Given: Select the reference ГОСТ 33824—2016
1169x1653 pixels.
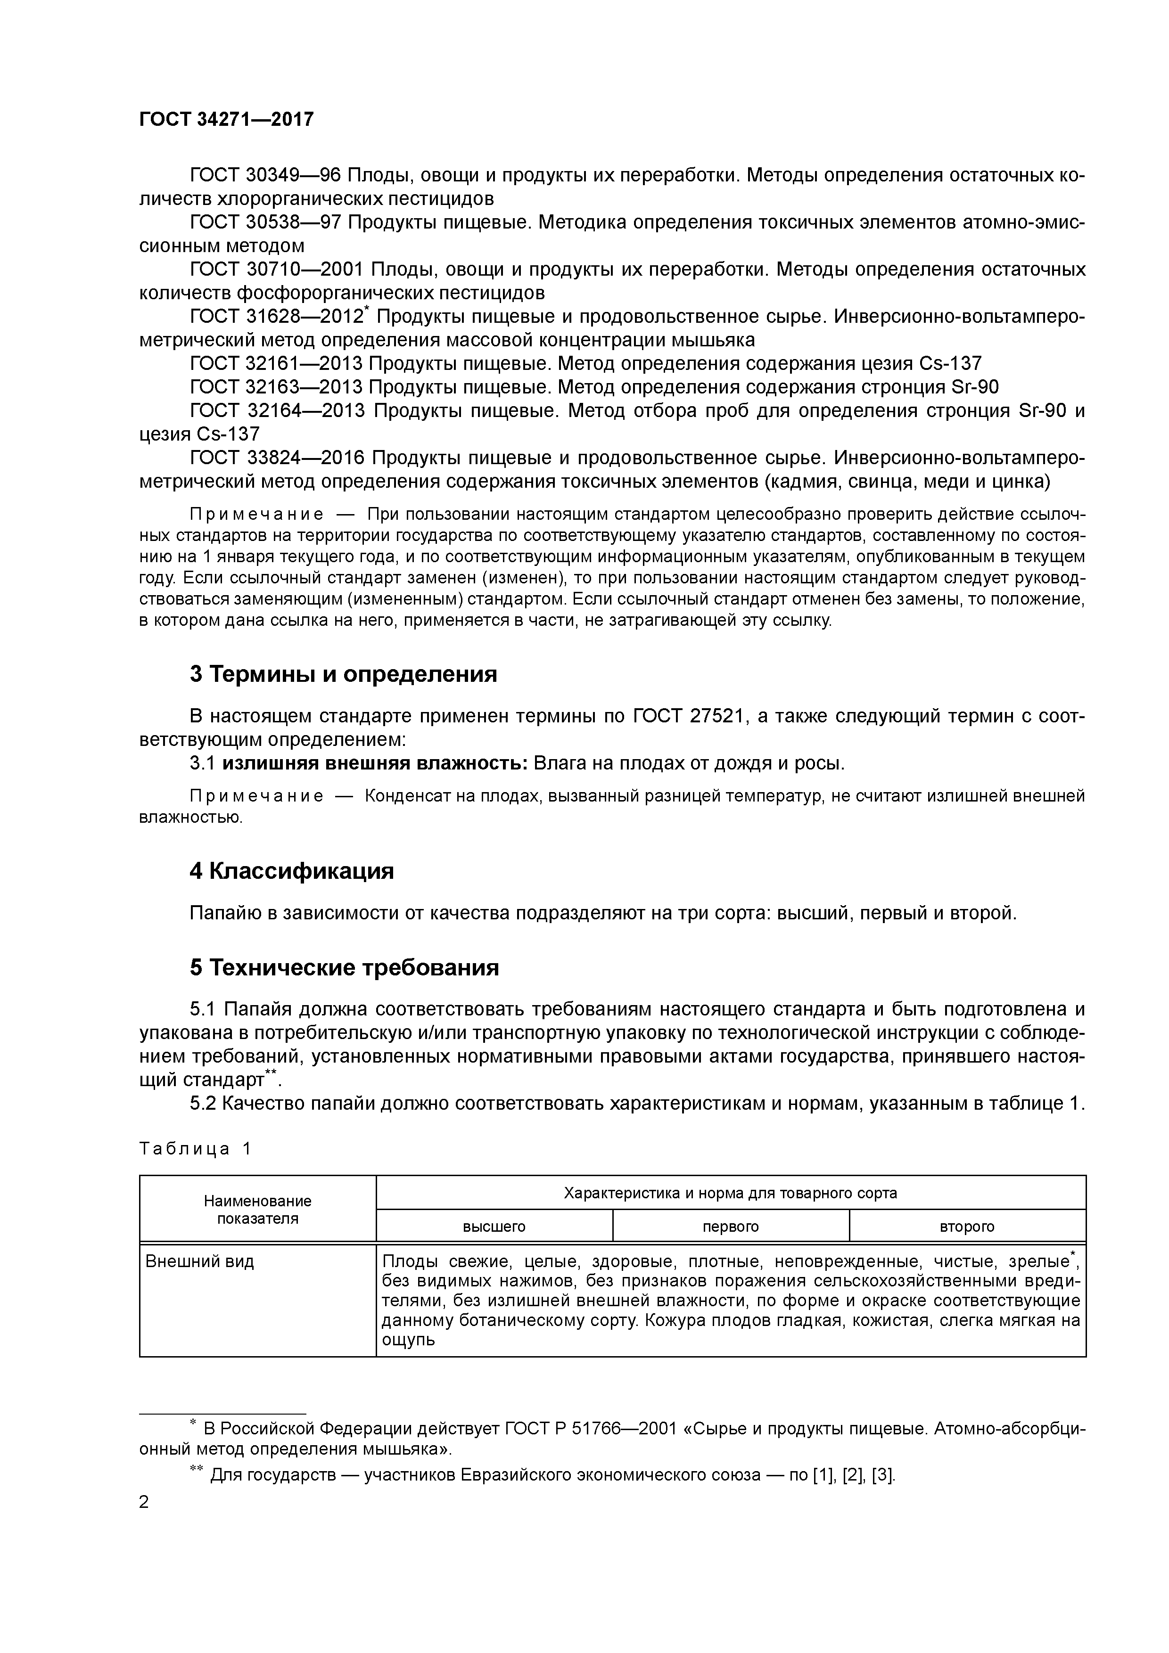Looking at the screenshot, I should click(277, 458).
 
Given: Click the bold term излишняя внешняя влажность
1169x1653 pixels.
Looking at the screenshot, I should click(375, 763).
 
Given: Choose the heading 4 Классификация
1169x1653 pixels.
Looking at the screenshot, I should click(292, 871).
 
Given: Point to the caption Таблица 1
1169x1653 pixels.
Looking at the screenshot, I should click(195, 1148).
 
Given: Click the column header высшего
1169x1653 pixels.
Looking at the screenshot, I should click(494, 1226).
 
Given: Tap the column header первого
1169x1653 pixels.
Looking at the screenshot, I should click(730, 1226).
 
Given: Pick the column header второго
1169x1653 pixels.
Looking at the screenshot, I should click(967, 1226).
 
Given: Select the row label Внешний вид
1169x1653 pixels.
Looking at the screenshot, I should click(199, 1261).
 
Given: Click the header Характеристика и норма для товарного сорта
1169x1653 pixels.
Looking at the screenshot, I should click(730, 1193).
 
